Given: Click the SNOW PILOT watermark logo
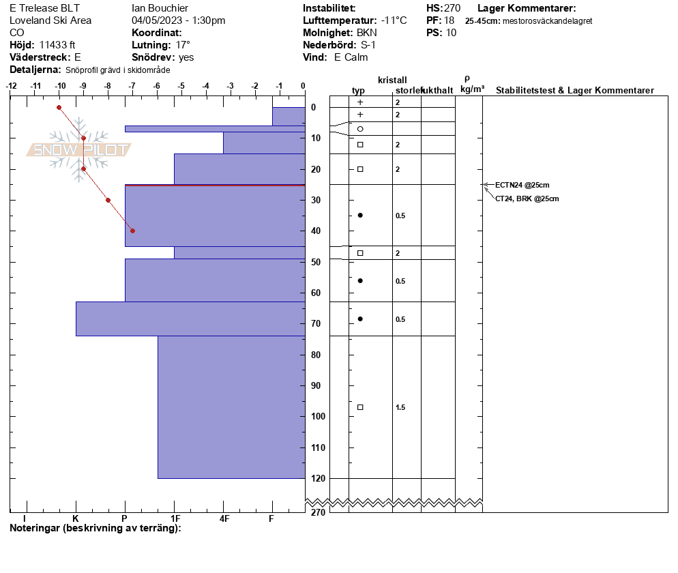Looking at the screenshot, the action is coord(78,149).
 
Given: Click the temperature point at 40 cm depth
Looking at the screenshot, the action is coord(133,231).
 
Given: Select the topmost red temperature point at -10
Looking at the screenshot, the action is coord(59,107).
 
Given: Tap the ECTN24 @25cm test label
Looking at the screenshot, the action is coord(522,185).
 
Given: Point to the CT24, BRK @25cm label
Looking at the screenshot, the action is coord(527,199).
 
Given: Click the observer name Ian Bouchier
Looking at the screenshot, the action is coord(160,8).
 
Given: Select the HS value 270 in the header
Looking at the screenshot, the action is coord(452,8).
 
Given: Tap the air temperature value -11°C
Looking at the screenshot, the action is coord(394,20).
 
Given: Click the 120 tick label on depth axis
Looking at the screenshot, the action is coord(319,478).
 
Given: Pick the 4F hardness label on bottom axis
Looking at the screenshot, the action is coord(224,518).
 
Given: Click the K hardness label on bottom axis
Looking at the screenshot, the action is coord(75,518).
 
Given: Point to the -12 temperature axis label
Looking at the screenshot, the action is coord(11,86).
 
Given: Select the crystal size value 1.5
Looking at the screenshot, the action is coord(400,407).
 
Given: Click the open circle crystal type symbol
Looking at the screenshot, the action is coord(360,129).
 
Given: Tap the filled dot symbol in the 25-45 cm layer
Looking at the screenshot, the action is coord(360,216).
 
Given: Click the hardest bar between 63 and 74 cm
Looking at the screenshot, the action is coord(191,319).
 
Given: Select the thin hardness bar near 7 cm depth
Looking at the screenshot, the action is coord(215,129).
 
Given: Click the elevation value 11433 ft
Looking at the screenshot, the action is coord(57,45).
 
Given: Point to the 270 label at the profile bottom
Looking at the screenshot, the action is coord(318,512).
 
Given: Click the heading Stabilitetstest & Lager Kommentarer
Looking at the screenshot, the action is coord(574,90).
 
